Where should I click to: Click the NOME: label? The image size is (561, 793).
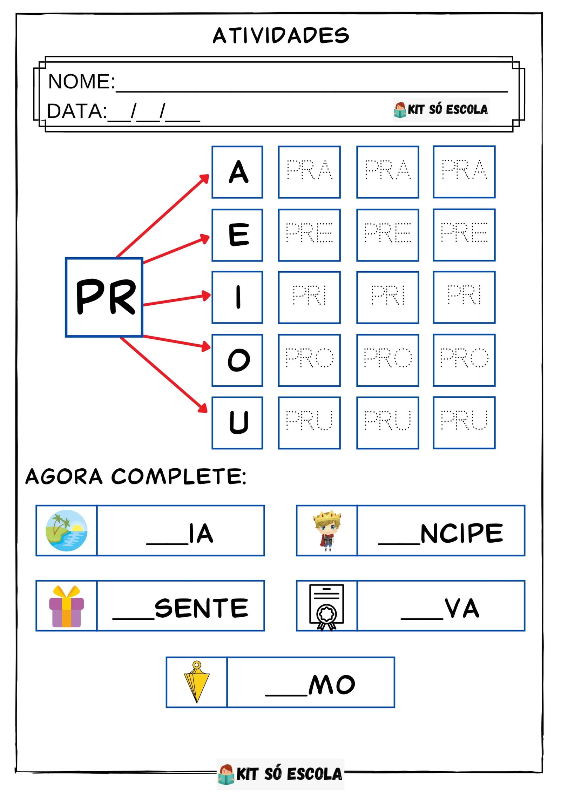(x=81, y=82)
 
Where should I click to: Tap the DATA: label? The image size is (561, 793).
(x=77, y=111)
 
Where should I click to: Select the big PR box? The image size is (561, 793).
(x=104, y=297)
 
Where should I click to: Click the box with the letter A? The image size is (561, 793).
(x=237, y=172)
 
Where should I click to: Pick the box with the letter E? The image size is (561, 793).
(x=237, y=235)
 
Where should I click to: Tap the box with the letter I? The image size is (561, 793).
(x=237, y=297)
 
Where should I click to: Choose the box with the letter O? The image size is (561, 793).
(x=237, y=360)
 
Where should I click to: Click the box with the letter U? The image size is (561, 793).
(x=237, y=422)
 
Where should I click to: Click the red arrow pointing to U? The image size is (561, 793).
(x=164, y=374)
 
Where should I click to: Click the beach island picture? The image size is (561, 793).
(x=66, y=530)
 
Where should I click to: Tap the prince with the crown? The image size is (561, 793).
(x=327, y=530)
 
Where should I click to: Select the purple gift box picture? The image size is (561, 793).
(x=66, y=606)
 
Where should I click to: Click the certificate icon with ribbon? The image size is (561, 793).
(x=326, y=607)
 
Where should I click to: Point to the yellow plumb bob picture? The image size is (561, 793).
(x=197, y=682)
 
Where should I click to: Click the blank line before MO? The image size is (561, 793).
(x=286, y=694)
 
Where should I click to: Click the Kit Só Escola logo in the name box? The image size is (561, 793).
(x=441, y=110)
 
